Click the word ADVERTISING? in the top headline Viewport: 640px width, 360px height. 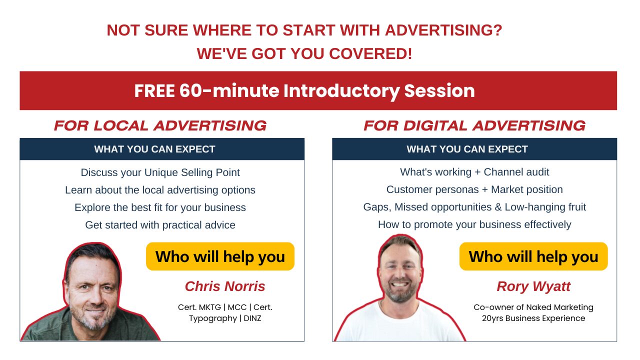[x=443, y=30]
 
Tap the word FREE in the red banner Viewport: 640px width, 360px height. [x=154, y=91]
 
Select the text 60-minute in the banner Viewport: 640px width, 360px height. [x=229, y=91]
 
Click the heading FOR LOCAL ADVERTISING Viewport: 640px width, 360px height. [x=160, y=125]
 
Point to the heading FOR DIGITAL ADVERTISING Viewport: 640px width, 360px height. [x=474, y=125]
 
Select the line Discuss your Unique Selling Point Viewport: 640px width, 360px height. [x=160, y=172]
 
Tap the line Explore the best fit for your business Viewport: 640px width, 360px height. [x=160, y=207]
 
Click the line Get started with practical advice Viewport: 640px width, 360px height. [x=160, y=225]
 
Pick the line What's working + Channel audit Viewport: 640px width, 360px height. [x=474, y=172]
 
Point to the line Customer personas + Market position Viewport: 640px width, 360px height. [x=474, y=189]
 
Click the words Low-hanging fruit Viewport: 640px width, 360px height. [x=545, y=207]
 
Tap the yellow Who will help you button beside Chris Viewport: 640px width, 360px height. [x=220, y=256]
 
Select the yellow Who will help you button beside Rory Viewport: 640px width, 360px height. [x=533, y=256]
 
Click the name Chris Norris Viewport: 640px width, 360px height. [x=225, y=286]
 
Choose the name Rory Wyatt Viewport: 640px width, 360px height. [x=533, y=286]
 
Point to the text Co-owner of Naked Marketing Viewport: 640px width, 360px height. [x=533, y=307]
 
